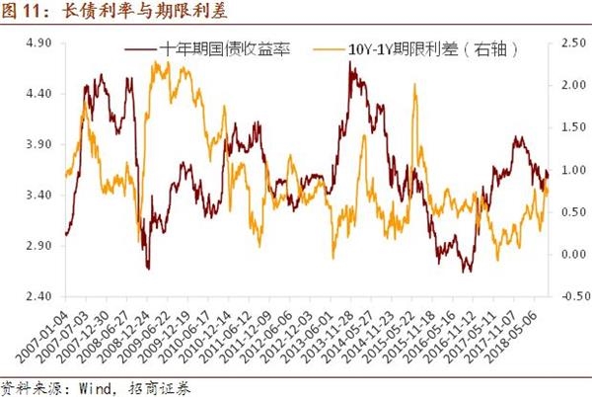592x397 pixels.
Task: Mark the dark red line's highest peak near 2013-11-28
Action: [352, 63]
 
